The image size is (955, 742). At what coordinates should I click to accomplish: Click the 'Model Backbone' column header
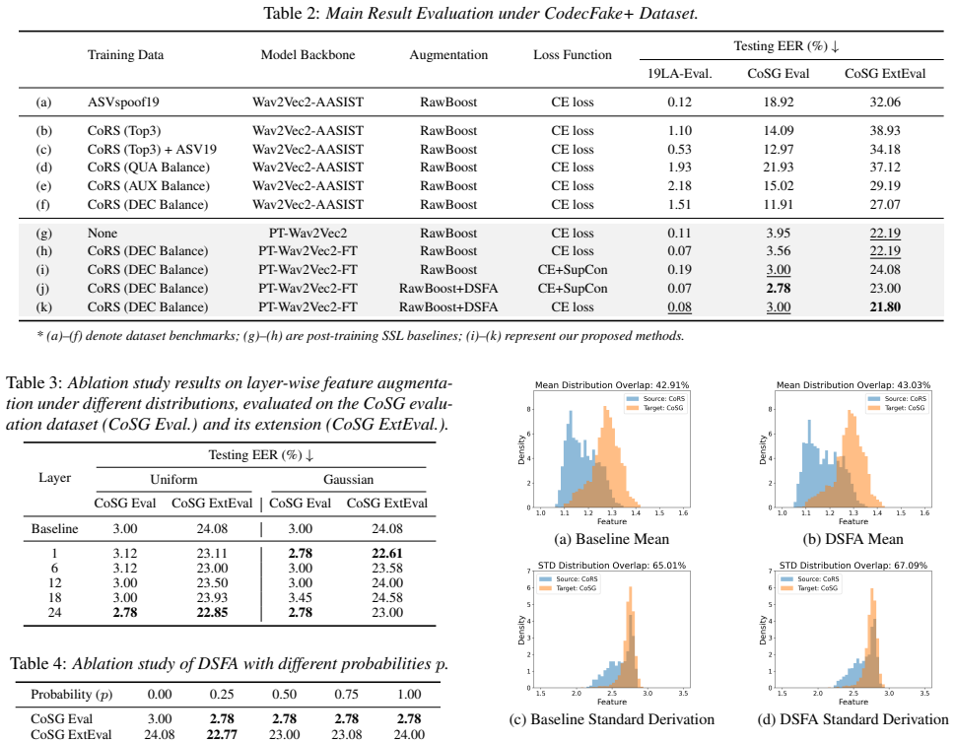pos(307,55)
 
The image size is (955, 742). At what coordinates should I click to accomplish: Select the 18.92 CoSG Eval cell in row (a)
pos(779,101)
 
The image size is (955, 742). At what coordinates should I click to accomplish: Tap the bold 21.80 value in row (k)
pos(885,307)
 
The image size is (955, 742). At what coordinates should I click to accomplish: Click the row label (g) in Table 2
pos(43,234)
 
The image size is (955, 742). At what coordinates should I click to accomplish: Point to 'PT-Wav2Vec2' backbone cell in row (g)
pos(307,234)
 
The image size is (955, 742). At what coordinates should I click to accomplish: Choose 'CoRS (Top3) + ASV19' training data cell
pos(152,149)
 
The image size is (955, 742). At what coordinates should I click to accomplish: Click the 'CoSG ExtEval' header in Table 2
pos(885,74)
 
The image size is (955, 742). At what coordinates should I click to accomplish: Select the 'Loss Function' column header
pos(573,55)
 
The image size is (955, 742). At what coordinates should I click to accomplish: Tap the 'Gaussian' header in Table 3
pos(348,480)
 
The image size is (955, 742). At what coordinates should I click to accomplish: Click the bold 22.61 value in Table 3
pos(387,553)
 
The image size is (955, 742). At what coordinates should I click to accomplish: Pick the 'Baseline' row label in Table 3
pos(55,529)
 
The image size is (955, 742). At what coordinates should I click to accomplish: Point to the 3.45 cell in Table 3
pos(301,597)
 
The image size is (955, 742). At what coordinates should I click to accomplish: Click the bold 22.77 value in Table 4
pos(222,734)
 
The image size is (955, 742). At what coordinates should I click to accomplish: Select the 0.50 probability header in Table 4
pos(285,695)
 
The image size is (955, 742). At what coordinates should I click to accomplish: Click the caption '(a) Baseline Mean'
pos(611,539)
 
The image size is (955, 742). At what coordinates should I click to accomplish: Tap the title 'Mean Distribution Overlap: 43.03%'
pos(853,385)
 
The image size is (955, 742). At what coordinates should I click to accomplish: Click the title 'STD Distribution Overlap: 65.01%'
pos(611,566)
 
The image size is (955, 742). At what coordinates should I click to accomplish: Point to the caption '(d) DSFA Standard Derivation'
pos(853,719)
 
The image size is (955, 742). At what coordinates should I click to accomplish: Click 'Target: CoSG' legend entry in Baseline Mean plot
pos(656,408)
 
